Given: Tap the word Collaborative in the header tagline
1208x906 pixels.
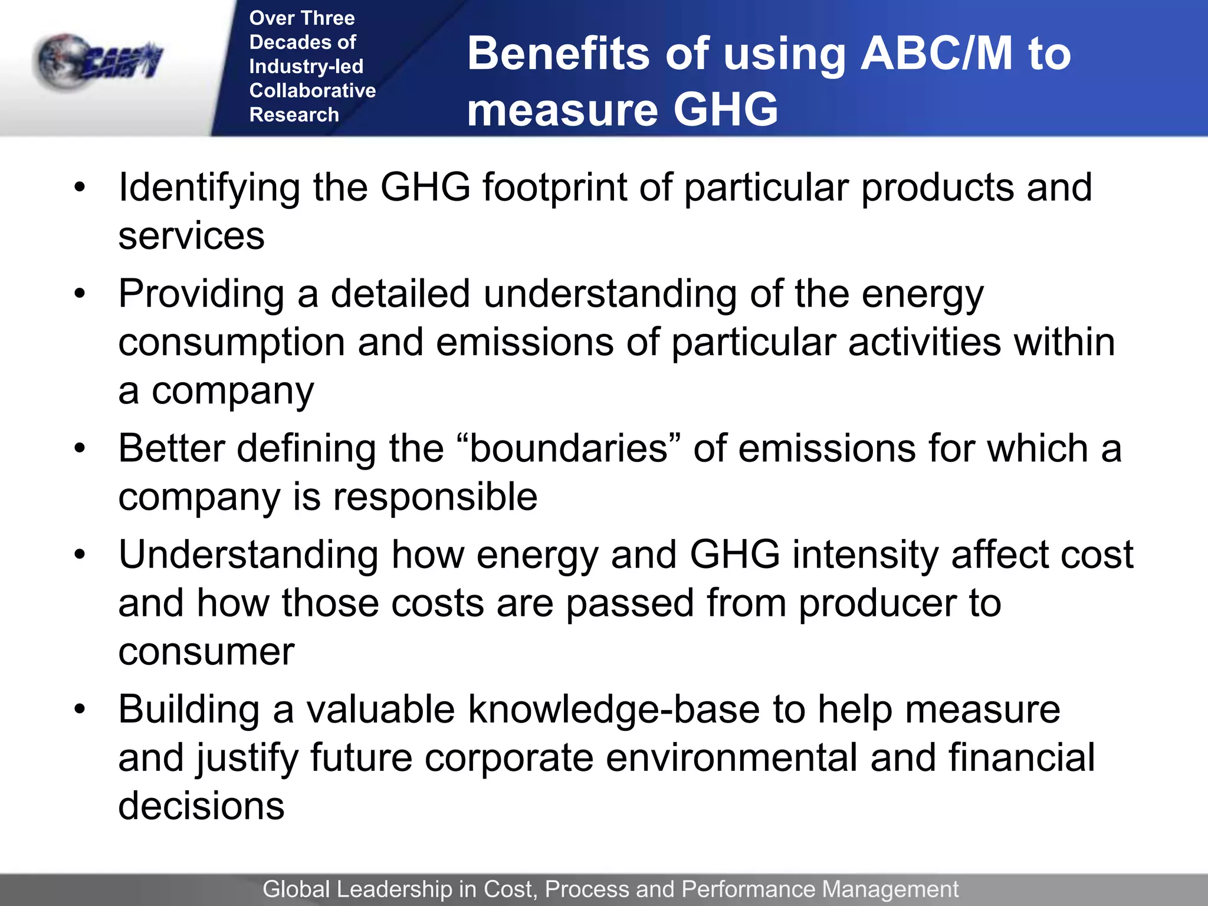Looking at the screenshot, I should pyautogui.click(x=312, y=90).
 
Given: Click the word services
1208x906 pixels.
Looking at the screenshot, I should pyautogui.click(x=191, y=236).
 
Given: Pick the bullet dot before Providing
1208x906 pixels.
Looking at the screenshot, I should pyautogui.click(x=80, y=293).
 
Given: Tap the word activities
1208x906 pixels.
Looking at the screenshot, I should pyautogui.click(x=924, y=342).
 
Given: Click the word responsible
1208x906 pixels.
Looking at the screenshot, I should pyautogui.click(x=435, y=497).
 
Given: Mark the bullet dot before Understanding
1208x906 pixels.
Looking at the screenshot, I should pyautogui.click(x=80, y=554).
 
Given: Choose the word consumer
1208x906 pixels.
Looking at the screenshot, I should pyautogui.click(x=206, y=652).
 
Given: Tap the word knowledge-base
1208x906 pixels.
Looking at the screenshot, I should pyautogui.click(x=613, y=709).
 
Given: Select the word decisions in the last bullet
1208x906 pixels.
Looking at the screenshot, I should pyautogui.click(x=201, y=806).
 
